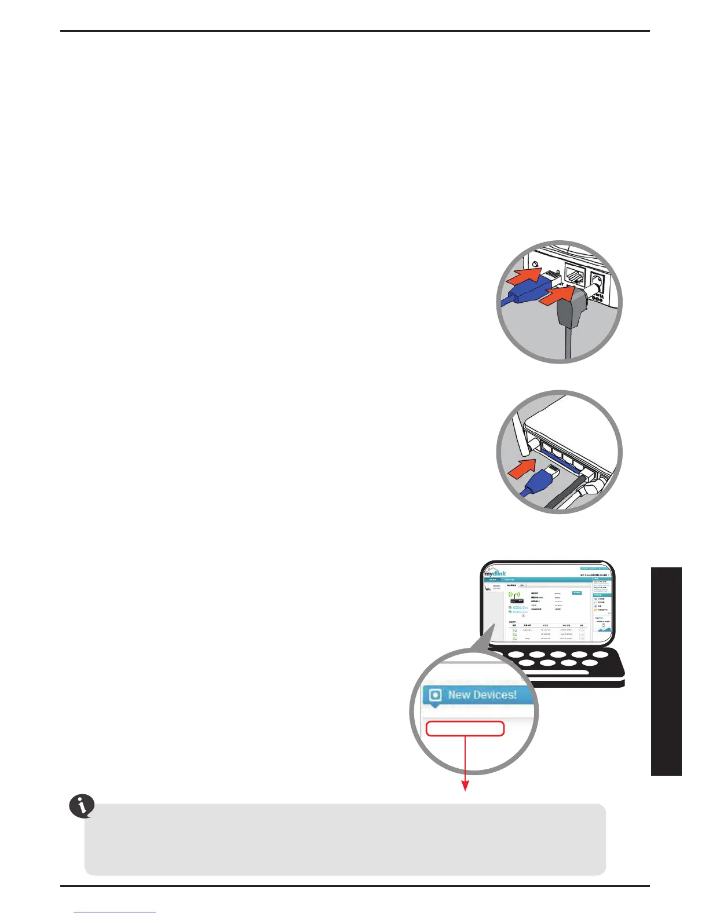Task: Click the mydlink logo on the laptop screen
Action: [x=495, y=573]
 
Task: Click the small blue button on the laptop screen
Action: [x=577, y=593]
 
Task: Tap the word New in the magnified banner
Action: [x=460, y=695]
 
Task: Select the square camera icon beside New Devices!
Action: [x=435, y=695]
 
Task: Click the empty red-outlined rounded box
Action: [x=465, y=728]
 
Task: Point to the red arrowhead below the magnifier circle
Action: [x=465, y=786]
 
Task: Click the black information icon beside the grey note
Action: [x=82, y=806]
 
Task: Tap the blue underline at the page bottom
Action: [x=115, y=912]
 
